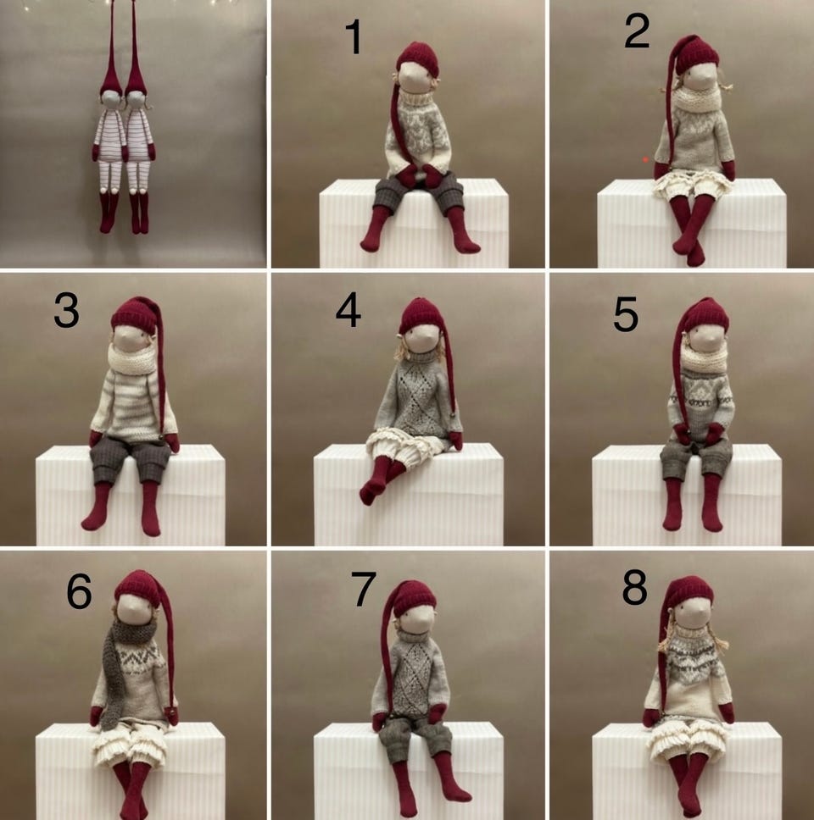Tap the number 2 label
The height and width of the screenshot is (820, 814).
pyautogui.click(x=637, y=32)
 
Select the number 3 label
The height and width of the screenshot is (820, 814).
pyautogui.click(x=66, y=311)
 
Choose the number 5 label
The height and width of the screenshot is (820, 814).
pyautogui.click(x=626, y=314)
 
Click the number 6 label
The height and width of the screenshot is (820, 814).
pyautogui.click(x=79, y=591)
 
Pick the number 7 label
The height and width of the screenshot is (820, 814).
pyautogui.click(x=363, y=589)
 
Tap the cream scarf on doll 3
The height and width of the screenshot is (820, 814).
pyautogui.click(x=132, y=360)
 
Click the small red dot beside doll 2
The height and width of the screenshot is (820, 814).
pyautogui.click(x=646, y=159)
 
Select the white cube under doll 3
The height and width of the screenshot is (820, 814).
pyautogui.click(x=131, y=496)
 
